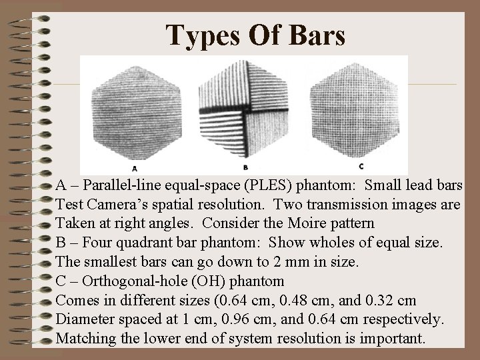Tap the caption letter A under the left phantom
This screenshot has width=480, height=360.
[x=135, y=167]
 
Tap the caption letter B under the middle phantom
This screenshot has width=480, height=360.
[x=246, y=167]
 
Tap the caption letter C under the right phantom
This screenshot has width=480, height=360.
[x=360, y=166]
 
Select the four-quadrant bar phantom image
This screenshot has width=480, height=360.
[x=247, y=109]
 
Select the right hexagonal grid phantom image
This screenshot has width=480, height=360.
[x=361, y=108]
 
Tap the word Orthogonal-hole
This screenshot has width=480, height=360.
[x=129, y=281]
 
